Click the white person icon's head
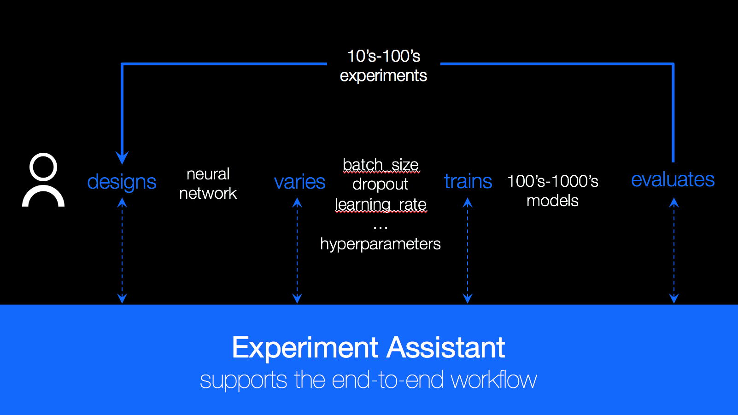pos(43,167)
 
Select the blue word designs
pos(122,182)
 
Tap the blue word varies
pos(299,182)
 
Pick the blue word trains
pos(468,182)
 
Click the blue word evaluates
pos(673,179)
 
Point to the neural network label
pos(208,184)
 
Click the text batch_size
pos(381,165)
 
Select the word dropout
pos(380,184)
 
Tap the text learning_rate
pos(381,204)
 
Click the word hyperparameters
pos(380,244)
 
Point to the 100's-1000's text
pos(552,181)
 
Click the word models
pos(552,201)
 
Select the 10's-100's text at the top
pos(383,56)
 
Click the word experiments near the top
pos(383,75)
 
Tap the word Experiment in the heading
pos(305,347)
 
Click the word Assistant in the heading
pos(445,347)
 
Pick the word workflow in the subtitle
pos(493,380)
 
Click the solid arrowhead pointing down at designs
pos(122,158)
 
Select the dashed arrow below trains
pos(468,251)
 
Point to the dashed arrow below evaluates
pos(674,251)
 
